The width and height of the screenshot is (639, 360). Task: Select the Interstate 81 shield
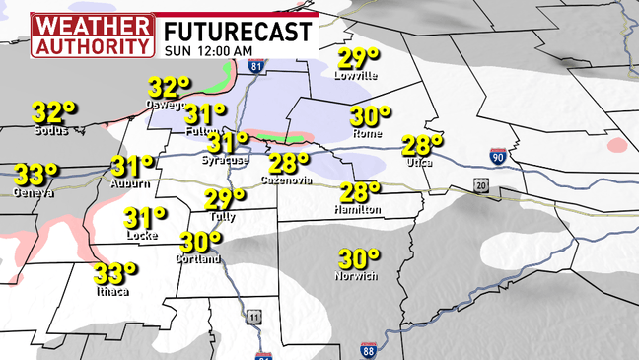[x=257, y=67]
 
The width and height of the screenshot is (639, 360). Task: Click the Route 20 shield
[x=480, y=185]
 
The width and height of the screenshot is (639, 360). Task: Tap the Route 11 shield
[x=254, y=316]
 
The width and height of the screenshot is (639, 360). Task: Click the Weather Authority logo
[x=93, y=35]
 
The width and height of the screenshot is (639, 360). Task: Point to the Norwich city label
[x=356, y=276]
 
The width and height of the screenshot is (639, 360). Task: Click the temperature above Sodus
[x=53, y=110]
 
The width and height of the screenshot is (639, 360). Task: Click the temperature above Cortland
[x=200, y=241]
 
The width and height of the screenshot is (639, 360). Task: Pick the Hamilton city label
[x=359, y=210]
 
